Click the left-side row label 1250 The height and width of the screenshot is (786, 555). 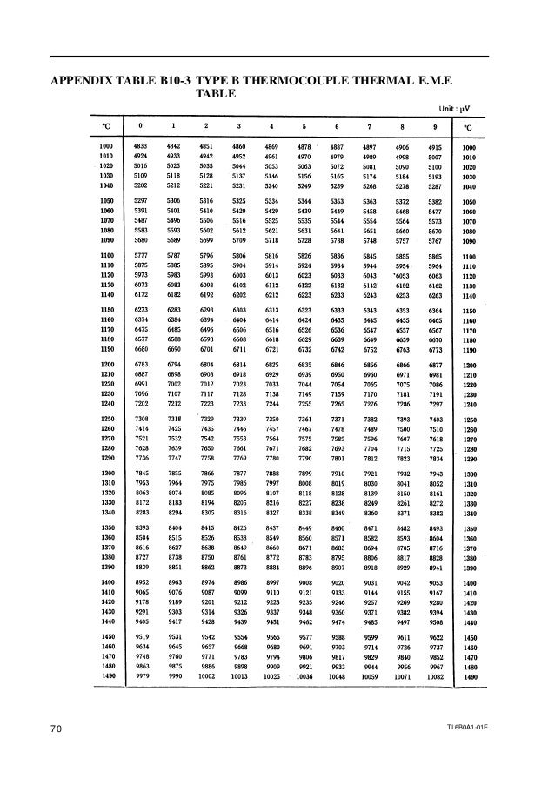point(107,420)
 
